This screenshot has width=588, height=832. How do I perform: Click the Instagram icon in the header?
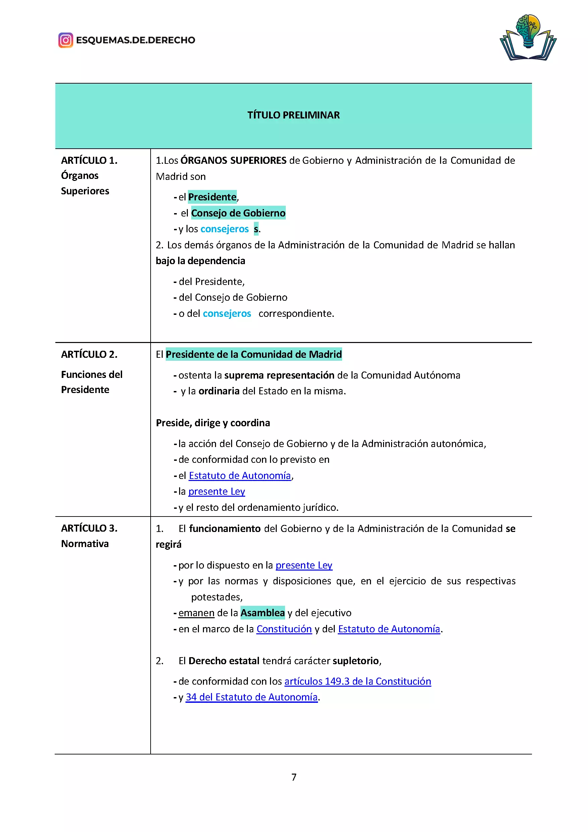[65, 40]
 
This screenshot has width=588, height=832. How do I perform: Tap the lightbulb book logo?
[528, 38]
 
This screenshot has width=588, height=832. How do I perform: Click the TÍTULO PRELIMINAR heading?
[293, 115]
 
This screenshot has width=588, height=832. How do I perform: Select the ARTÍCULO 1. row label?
[89, 160]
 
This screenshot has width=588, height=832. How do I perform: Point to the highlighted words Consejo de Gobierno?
[238, 213]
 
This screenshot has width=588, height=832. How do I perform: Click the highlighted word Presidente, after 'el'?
[212, 197]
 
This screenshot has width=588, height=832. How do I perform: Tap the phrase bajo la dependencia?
[200, 261]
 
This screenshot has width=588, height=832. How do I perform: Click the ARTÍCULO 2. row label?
[89, 354]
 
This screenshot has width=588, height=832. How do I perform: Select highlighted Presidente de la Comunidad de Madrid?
[254, 354]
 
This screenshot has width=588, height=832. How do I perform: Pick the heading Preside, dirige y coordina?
[213, 423]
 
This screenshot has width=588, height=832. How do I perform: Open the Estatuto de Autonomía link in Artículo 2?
[240, 476]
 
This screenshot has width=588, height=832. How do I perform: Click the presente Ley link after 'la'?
[217, 491]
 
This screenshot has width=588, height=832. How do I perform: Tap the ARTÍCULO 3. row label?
[89, 528]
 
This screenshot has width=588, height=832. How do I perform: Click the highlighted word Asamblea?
[263, 613]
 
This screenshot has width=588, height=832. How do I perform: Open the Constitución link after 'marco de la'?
[284, 629]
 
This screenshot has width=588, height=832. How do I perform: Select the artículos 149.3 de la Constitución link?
[357, 681]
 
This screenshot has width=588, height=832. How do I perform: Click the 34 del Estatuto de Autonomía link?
[251, 697]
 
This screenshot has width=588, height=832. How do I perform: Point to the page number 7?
[293, 777]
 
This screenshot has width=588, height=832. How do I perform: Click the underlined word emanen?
[196, 613]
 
